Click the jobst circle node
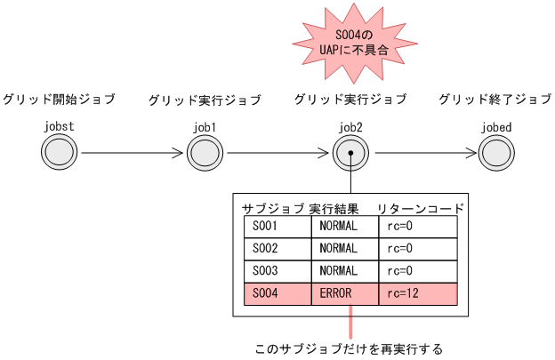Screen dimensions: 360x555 (59, 153)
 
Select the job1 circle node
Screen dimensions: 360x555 (205, 153)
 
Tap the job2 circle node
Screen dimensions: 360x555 (351, 153)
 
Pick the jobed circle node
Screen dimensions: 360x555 (496, 153)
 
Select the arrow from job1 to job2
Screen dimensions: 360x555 (277, 153)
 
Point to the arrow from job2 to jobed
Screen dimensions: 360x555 (424, 153)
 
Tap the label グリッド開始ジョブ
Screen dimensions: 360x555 (59, 99)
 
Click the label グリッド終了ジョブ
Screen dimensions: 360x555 (495, 99)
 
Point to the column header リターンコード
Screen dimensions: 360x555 (420, 209)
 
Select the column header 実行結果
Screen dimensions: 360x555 (334, 209)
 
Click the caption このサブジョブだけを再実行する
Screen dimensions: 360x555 (348, 348)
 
